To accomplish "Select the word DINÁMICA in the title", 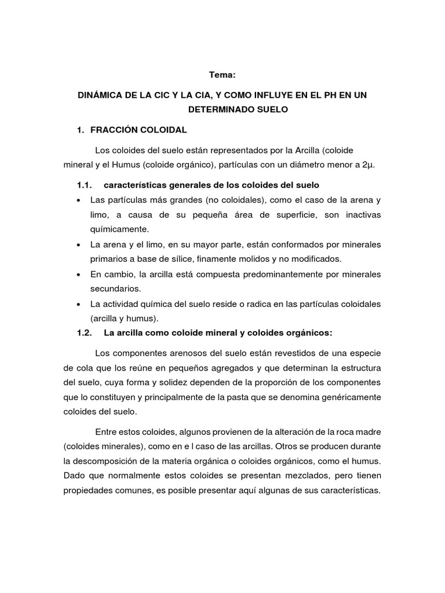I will click(x=103, y=94).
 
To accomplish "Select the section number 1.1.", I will click(x=85, y=185).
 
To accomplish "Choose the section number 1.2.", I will click(x=85, y=332).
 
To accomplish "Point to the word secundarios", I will click(x=116, y=288).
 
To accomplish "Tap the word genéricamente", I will click(x=350, y=397).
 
